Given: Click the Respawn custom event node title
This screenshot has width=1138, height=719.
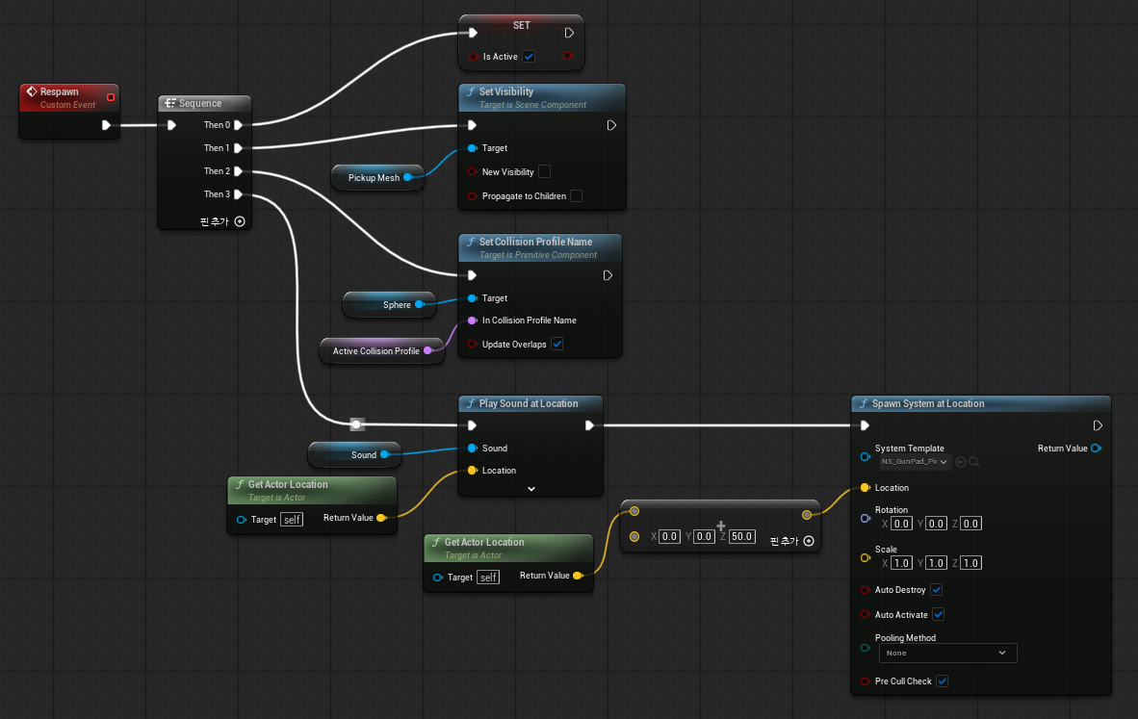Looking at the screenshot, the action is pos(59,92).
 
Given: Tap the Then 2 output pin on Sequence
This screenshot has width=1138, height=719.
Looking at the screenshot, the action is pos(238,171).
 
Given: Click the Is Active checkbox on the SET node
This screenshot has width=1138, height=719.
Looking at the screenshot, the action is pos(529,57).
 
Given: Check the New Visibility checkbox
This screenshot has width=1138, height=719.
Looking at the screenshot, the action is pos(544,172).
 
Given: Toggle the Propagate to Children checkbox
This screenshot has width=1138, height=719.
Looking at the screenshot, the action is pos(577,196).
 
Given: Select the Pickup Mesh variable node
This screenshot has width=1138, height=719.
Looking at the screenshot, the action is pos(377,178).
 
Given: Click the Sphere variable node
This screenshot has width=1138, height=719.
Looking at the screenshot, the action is pos(389,305).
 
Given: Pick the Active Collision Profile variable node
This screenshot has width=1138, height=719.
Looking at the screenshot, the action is pos(382,351).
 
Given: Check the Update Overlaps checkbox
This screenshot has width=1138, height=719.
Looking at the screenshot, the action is pos(556,344).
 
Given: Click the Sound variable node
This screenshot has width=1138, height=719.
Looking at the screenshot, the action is pos(354,455).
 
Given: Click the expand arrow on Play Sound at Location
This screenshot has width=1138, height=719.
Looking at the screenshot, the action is pos(531,489).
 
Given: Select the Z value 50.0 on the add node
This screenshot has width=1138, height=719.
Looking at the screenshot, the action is pos(741,537).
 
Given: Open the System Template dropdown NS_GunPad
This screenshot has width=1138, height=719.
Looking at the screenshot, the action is pos(915,461).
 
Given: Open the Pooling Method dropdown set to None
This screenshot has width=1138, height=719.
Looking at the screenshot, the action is pos(947,653).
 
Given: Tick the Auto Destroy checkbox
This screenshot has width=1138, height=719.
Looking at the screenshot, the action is pos(936,590).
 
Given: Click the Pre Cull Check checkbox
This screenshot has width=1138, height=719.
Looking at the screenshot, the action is pos(942,681).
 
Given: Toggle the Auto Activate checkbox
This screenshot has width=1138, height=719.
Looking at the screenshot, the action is pos(939,614).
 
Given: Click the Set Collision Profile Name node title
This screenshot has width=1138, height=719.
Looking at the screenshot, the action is pos(535,243).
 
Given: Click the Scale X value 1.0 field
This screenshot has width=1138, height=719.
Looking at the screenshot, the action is pos(901,563).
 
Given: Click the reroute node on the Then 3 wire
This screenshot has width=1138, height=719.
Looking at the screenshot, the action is pos(356,424).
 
